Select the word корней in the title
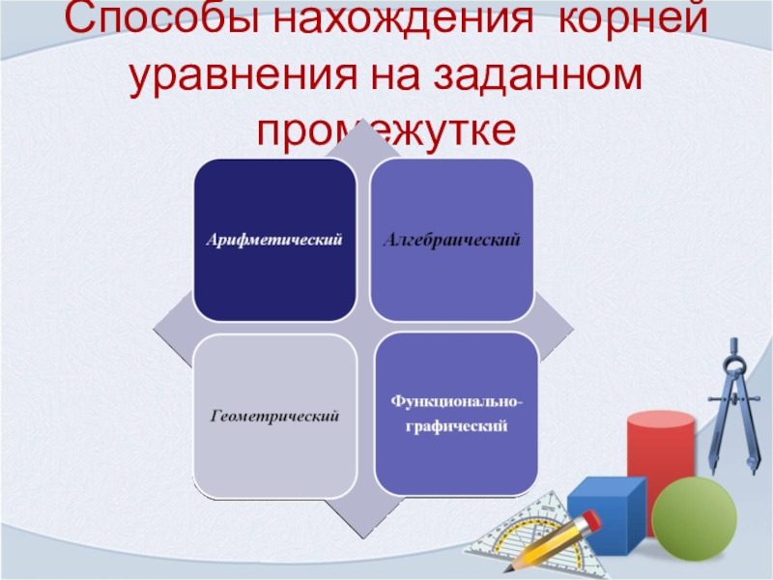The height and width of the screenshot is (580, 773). [x=634, y=18]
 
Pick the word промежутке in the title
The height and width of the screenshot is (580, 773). [x=386, y=133]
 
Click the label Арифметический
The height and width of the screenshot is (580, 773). [x=274, y=240]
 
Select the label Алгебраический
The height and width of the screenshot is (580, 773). [x=451, y=240]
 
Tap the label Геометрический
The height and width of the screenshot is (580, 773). [x=274, y=417]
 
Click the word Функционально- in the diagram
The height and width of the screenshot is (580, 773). [x=456, y=401]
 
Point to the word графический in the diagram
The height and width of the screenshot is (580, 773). [x=456, y=425]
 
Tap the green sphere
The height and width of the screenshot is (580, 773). [x=694, y=519]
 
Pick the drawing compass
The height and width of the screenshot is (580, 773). [x=734, y=404]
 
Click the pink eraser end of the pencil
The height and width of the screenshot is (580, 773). [x=590, y=520]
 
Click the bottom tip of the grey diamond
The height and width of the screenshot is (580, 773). [x=364, y=537]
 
